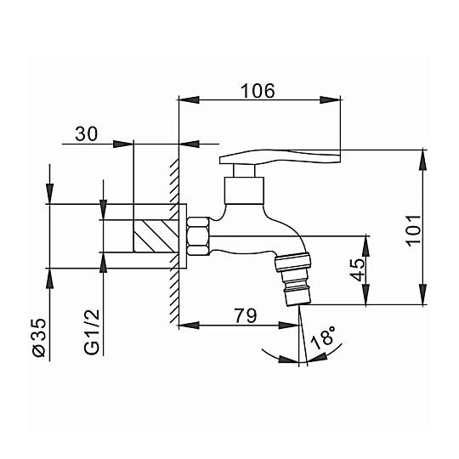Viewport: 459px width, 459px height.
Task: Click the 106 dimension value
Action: (258, 91)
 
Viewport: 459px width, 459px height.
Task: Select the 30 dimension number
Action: (87, 133)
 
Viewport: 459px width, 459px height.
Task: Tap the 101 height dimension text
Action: (413, 230)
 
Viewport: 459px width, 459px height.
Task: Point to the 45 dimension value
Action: (358, 269)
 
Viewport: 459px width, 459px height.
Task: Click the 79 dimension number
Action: (246, 315)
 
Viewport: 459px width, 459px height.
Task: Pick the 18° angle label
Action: (323, 337)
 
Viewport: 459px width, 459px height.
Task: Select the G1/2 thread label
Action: (92, 332)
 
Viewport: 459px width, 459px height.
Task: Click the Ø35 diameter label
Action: (39, 337)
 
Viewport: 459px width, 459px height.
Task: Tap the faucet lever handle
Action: (280, 156)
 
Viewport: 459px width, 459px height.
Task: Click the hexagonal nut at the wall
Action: (198, 236)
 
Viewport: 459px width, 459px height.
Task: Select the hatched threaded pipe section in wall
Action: (156, 236)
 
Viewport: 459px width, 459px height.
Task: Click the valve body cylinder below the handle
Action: (244, 190)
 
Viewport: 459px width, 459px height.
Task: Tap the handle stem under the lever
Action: (244, 171)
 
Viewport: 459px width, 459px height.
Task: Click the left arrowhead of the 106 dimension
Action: (189, 99)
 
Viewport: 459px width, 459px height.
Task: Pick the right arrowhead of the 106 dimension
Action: (330, 99)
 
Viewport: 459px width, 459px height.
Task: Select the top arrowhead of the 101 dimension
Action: (422, 160)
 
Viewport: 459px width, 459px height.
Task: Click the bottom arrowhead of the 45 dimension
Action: (365, 294)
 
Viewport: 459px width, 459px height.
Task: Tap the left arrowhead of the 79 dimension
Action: (189, 325)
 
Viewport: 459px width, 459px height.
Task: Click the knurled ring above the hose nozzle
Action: (292, 262)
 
